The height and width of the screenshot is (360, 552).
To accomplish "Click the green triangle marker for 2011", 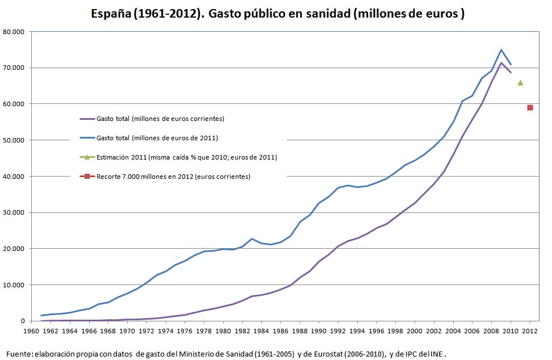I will tap(520, 82).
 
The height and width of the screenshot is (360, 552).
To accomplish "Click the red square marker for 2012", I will tap(530, 107).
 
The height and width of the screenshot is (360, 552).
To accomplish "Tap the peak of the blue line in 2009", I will tap(501, 50).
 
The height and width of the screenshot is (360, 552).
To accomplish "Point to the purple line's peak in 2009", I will tap(501, 63).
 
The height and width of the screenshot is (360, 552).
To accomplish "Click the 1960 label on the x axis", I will tap(31, 330).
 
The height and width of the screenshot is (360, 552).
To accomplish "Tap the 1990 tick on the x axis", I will tap(319, 330).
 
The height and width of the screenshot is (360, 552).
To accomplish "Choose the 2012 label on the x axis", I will tap(530, 330).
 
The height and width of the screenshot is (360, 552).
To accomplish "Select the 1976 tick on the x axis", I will tap(185, 330).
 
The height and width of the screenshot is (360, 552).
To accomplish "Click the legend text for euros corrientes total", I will tap(160, 119).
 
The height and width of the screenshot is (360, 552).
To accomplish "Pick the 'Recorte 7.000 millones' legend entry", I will tap(173, 177).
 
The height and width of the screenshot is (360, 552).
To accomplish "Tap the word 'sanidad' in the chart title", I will tap(324, 14).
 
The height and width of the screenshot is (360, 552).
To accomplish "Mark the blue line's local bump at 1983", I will tap(252, 239).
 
